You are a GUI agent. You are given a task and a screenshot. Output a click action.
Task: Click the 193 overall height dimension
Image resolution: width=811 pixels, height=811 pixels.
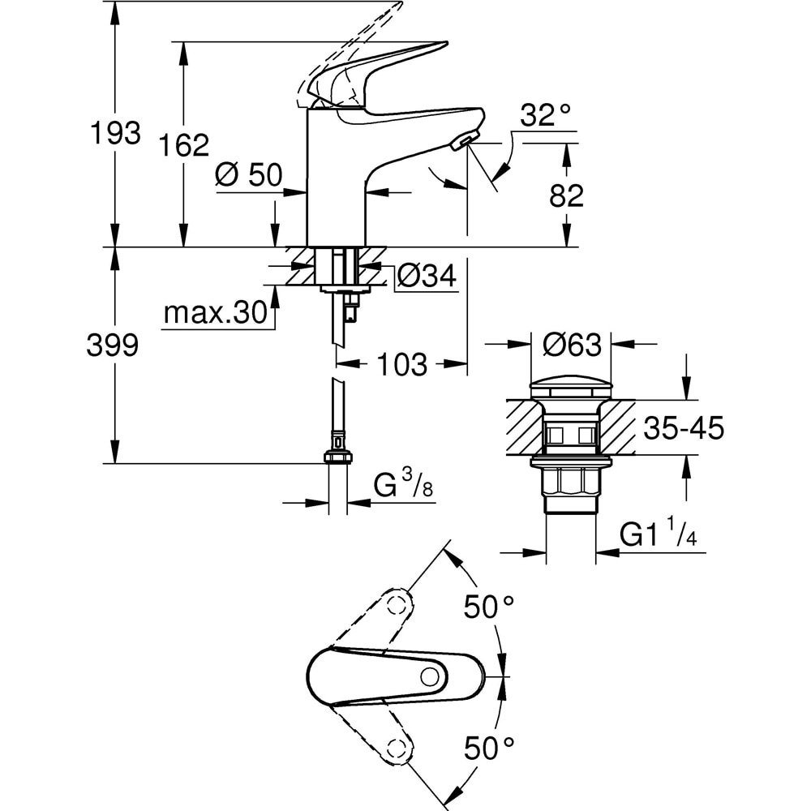114,132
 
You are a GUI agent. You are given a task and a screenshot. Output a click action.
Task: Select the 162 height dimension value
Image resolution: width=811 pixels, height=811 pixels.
183,145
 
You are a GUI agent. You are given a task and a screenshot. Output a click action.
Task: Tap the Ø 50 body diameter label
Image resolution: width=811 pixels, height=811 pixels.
248,175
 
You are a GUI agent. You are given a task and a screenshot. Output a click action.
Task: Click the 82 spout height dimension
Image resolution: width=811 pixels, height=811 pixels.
565,195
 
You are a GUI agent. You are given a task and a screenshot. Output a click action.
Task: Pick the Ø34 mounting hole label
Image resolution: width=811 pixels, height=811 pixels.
426,277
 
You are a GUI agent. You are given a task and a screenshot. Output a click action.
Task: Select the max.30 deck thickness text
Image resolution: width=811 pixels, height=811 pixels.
215,312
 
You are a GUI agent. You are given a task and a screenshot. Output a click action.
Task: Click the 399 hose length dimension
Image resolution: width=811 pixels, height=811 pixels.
113,345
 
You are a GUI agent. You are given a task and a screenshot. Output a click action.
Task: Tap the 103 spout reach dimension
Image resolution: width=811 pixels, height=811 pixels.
402,364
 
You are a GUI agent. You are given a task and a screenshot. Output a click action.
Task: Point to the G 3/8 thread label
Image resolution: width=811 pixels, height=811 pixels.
402,487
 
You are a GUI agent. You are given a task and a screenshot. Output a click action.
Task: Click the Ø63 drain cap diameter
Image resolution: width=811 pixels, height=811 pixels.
572,345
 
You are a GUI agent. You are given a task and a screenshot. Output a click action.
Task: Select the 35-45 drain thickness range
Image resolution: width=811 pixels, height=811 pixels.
683,428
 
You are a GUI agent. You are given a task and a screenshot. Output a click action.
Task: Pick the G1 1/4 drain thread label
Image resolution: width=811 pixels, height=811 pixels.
659,535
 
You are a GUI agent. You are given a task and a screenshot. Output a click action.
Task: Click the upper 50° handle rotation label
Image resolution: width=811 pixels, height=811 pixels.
489,605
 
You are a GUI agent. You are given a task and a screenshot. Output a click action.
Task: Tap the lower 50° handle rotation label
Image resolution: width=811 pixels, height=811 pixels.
489,747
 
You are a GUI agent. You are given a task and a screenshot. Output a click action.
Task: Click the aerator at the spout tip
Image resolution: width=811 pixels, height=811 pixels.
462,143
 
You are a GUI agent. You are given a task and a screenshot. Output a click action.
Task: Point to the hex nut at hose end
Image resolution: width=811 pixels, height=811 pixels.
337,456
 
